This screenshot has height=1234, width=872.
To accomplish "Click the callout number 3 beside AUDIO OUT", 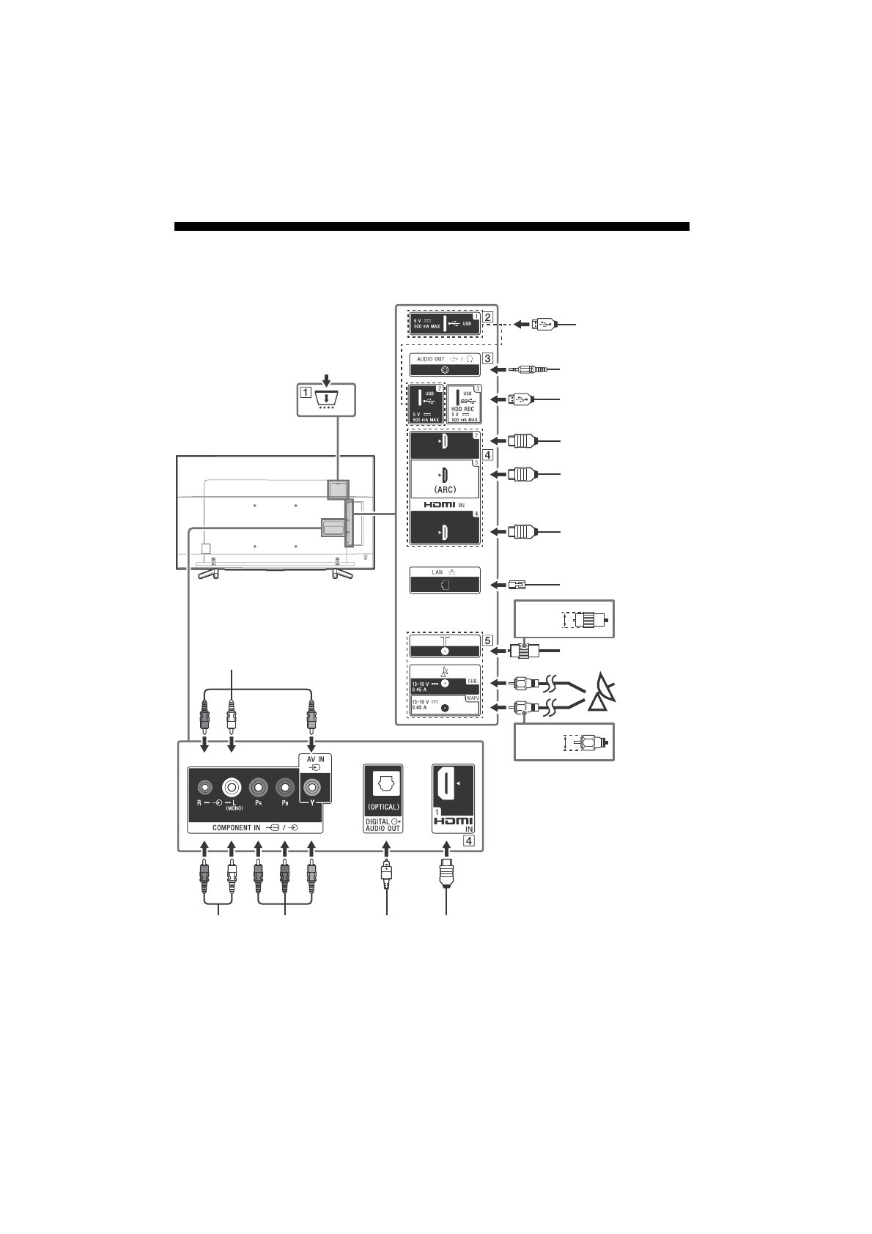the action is click(487, 359).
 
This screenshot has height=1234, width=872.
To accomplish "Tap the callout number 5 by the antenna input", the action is click(487, 639).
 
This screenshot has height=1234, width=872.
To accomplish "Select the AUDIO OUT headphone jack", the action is click(445, 370).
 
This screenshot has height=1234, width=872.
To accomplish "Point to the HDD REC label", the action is click(463, 409).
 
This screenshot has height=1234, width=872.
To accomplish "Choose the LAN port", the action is click(445, 585).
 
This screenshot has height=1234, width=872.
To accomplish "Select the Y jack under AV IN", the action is click(311, 788).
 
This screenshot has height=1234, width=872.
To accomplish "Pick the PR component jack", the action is click(258, 788).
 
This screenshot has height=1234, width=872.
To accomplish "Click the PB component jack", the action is click(284, 788).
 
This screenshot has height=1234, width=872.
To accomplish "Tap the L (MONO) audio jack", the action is click(232, 788).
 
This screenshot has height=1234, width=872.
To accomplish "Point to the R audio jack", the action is click(205, 788).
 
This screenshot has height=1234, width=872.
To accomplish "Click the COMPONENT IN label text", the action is click(236, 827).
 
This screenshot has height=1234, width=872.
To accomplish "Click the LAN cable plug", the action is click(517, 585).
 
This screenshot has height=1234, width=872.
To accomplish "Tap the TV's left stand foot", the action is click(207, 572).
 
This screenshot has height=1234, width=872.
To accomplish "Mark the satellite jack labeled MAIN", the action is click(445, 707).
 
